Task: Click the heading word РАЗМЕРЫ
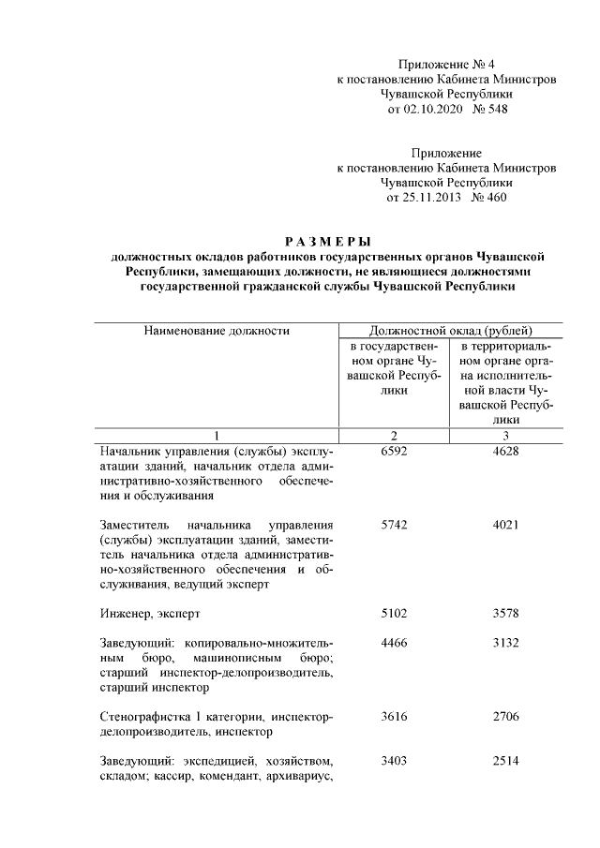(x=327, y=241)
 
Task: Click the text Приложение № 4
(x=446, y=65)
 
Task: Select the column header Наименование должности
(x=217, y=330)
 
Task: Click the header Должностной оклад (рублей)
(x=451, y=330)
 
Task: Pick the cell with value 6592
(x=395, y=451)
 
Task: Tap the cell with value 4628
(x=505, y=451)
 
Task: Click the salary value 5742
(x=395, y=526)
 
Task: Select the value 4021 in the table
(x=505, y=526)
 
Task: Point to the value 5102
(x=395, y=614)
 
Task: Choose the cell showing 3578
(x=505, y=614)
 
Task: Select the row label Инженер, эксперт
(x=150, y=614)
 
